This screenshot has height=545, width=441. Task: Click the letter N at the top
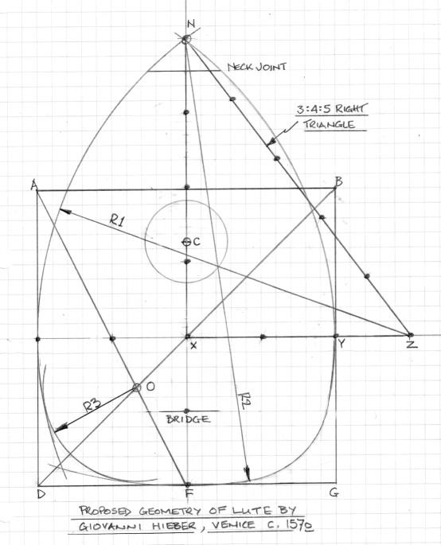click(191, 24)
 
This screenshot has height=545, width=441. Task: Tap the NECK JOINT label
click(257, 67)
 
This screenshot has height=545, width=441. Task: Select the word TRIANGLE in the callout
click(330, 125)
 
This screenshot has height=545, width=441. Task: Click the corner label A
click(33, 186)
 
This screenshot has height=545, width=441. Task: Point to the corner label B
click(338, 181)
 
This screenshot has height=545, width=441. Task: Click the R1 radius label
click(117, 220)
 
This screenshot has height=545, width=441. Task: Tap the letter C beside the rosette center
click(197, 242)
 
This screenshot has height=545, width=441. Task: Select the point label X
click(193, 345)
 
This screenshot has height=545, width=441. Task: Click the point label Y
click(341, 344)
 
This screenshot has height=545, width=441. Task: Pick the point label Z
click(412, 344)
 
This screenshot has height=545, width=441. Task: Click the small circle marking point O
click(137, 387)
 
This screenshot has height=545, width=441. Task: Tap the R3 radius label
click(92, 405)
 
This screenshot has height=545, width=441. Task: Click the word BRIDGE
click(189, 419)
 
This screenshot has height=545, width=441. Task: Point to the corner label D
click(41, 494)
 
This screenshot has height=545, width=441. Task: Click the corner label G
click(334, 492)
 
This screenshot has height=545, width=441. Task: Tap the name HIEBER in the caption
click(174, 526)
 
